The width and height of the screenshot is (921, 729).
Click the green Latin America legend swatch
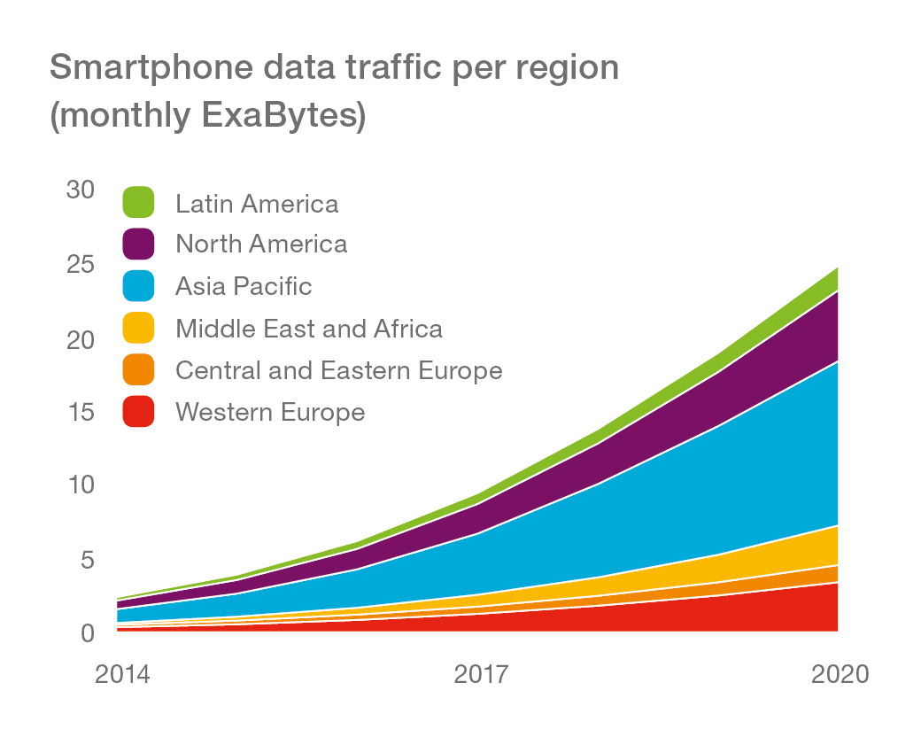pyautogui.click(x=139, y=203)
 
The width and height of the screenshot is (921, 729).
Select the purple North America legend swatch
pyautogui.click(x=139, y=244)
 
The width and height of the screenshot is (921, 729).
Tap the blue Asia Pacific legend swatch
pyautogui.click(x=139, y=286)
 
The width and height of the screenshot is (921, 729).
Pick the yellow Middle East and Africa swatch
pyautogui.click(x=139, y=329)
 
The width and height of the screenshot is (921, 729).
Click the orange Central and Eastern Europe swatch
pyautogui.click(x=139, y=369)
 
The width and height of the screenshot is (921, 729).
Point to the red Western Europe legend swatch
pyautogui.click(x=139, y=412)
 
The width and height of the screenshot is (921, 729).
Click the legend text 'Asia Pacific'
pyautogui.click(x=244, y=286)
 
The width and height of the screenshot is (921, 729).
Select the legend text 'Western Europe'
pyautogui.click(x=270, y=412)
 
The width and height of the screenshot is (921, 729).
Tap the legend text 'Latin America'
pyautogui.click(x=257, y=204)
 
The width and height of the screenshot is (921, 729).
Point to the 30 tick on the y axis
pyautogui.click(x=81, y=190)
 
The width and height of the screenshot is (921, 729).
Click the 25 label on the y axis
pyautogui.click(x=81, y=265)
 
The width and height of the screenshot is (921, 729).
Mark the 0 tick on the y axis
pyautogui.click(x=88, y=632)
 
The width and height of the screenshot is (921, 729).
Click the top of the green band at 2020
pyautogui.click(x=837, y=268)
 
